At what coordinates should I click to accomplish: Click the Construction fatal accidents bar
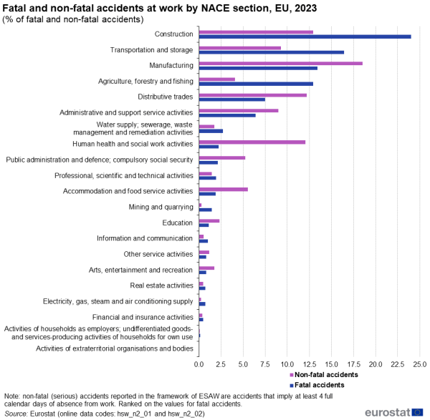click(305, 36)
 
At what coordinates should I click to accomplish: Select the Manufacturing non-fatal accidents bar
click(280, 63)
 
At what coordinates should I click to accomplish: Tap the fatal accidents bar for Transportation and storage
click(271, 52)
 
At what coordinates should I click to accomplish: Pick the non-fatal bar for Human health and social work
click(252, 142)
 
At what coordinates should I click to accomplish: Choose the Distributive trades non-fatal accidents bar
click(252, 94)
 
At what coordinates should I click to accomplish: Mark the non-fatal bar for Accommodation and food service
click(223, 189)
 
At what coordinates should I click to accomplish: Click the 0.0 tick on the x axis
click(199, 364)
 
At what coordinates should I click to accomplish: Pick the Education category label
click(178, 223)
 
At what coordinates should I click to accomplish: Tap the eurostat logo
click(393, 412)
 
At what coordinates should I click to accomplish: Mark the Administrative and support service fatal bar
click(227, 115)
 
